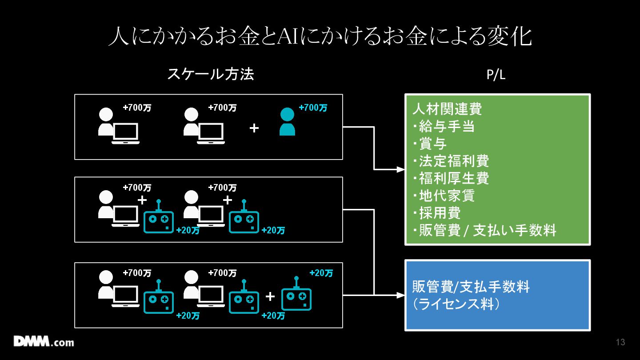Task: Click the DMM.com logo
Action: pos(44,341)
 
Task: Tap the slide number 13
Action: pos(620,342)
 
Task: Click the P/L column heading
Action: pos(496,75)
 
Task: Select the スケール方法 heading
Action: pos(211,74)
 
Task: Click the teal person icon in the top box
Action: pos(287,121)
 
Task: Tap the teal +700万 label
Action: pos(313,108)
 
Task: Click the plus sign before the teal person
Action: pos(254,128)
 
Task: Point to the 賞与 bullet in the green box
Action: pos(430,144)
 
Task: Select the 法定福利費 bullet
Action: pos(451,161)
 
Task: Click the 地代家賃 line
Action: pos(444,196)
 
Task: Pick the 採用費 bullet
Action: pos(436,213)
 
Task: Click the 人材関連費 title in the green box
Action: pos(447,109)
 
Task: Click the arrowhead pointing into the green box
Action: pos(401,169)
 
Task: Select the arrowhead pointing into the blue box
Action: pos(401,295)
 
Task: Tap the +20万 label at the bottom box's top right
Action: pos(321,273)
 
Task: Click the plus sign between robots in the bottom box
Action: pos(270,296)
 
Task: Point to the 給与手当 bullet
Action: pos(444,126)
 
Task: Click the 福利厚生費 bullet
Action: pos(451,178)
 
